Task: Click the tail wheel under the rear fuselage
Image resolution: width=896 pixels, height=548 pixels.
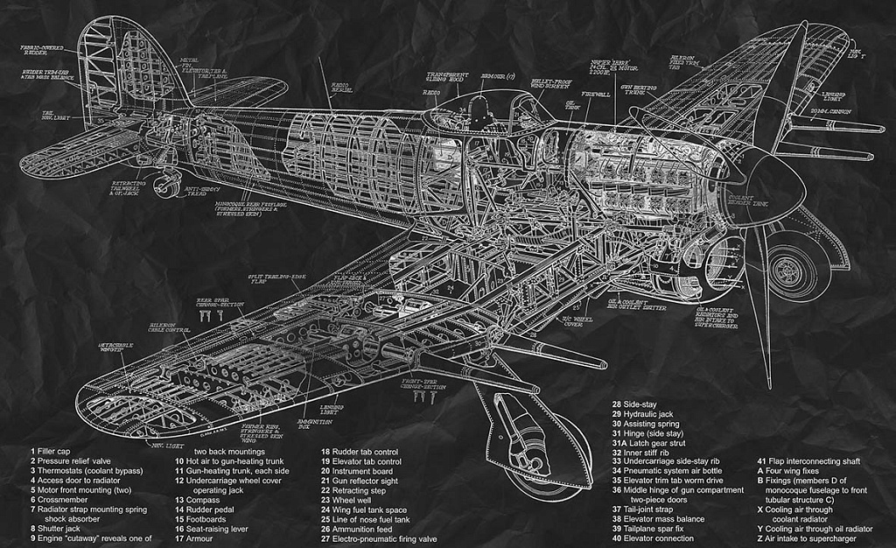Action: point(162,184)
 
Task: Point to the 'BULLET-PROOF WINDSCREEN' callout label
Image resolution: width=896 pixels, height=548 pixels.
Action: point(551,84)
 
